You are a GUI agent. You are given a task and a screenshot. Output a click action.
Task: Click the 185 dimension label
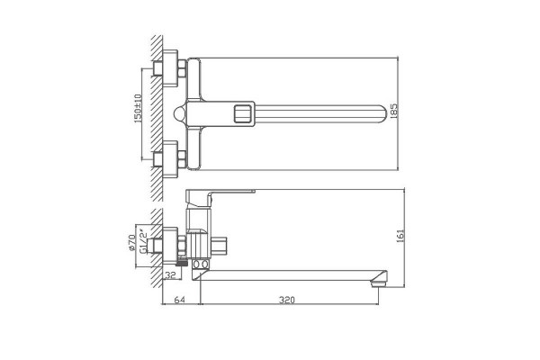(394, 111)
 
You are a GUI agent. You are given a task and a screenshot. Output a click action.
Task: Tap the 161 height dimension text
(400, 237)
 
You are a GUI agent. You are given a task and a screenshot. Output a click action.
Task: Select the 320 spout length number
(287, 300)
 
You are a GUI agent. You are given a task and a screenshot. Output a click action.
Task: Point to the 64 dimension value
(179, 300)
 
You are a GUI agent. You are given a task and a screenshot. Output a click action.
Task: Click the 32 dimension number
(171, 275)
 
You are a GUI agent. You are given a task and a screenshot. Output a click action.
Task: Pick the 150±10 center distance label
(138, 109)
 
